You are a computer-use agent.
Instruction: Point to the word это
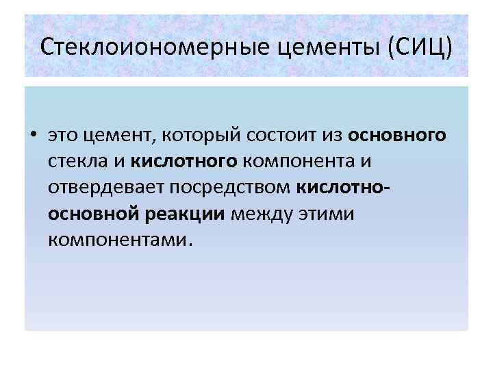[x=63, y=135]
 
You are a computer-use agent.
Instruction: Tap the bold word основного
[x=397, y=135]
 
